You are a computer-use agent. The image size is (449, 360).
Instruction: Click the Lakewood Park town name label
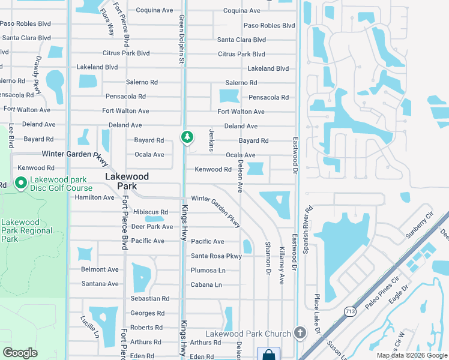[x=126, y=181]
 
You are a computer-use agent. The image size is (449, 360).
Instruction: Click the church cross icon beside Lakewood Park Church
[x=300, y=333]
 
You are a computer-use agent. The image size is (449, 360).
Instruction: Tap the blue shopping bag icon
[x=268, y=355]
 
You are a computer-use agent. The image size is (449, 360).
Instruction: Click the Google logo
[x=20, y=353]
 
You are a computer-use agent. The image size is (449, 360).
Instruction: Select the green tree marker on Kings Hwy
[x=187, y=138]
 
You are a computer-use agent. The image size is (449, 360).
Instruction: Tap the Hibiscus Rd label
[x=151, y=212]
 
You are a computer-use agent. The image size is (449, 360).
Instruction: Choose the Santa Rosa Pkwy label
[x=216, y=256]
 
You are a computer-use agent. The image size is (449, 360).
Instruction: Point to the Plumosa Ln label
[x=208, y=271]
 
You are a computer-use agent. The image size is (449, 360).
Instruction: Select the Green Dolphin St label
[x=181, y=40]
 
